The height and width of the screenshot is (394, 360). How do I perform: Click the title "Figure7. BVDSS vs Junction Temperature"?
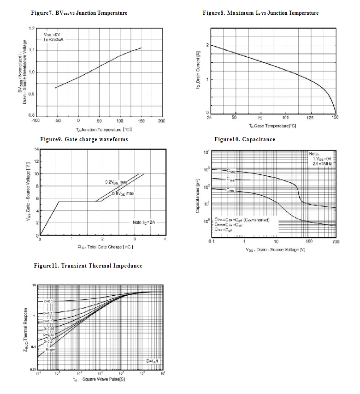[78, 13]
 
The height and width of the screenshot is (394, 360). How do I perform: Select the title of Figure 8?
[260, 13]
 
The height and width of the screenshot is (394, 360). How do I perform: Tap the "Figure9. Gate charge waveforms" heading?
[84, 139]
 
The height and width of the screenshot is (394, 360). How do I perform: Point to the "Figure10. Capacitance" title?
[245, 139]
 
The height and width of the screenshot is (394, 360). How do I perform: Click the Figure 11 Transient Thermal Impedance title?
[89, 266]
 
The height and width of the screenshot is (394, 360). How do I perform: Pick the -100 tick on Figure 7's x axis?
[35, 120]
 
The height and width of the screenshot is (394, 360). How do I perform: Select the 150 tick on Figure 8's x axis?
[335, 118]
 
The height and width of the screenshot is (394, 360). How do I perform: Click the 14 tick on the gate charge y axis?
[36, 149]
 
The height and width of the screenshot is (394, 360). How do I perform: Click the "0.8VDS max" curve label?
[123, 194]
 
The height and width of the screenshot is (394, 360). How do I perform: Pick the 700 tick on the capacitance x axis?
[335, 242]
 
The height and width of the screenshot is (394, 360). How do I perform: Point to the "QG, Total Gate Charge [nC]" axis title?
[102, 248]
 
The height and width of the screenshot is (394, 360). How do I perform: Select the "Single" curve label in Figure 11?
[50, 350]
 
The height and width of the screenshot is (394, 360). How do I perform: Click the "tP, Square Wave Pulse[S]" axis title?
[100, 380]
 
